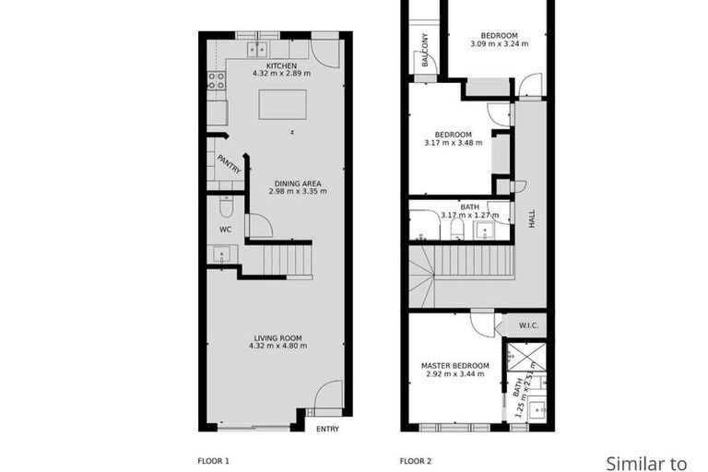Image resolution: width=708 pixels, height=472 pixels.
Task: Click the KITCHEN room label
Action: tap(280, 67)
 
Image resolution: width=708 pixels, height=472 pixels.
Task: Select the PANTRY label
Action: tap(229, 164)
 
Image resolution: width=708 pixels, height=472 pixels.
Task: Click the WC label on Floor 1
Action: tap(225, 230)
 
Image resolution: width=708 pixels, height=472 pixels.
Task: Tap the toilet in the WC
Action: tap(227, 208)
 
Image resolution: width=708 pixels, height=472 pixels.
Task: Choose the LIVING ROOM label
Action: tap(277, 337)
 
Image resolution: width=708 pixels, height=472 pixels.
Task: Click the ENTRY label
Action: tap(327, 430)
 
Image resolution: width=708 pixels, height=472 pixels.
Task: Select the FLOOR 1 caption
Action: tap(214, 460)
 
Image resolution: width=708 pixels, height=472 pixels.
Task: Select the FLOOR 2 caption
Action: tap(415, 460)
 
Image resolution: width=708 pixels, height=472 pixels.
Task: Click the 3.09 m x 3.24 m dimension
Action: tap(499, 43)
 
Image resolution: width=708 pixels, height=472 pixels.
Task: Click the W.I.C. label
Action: tap(528, 324)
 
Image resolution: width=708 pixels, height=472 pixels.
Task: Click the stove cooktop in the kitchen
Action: tap(217, 80)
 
